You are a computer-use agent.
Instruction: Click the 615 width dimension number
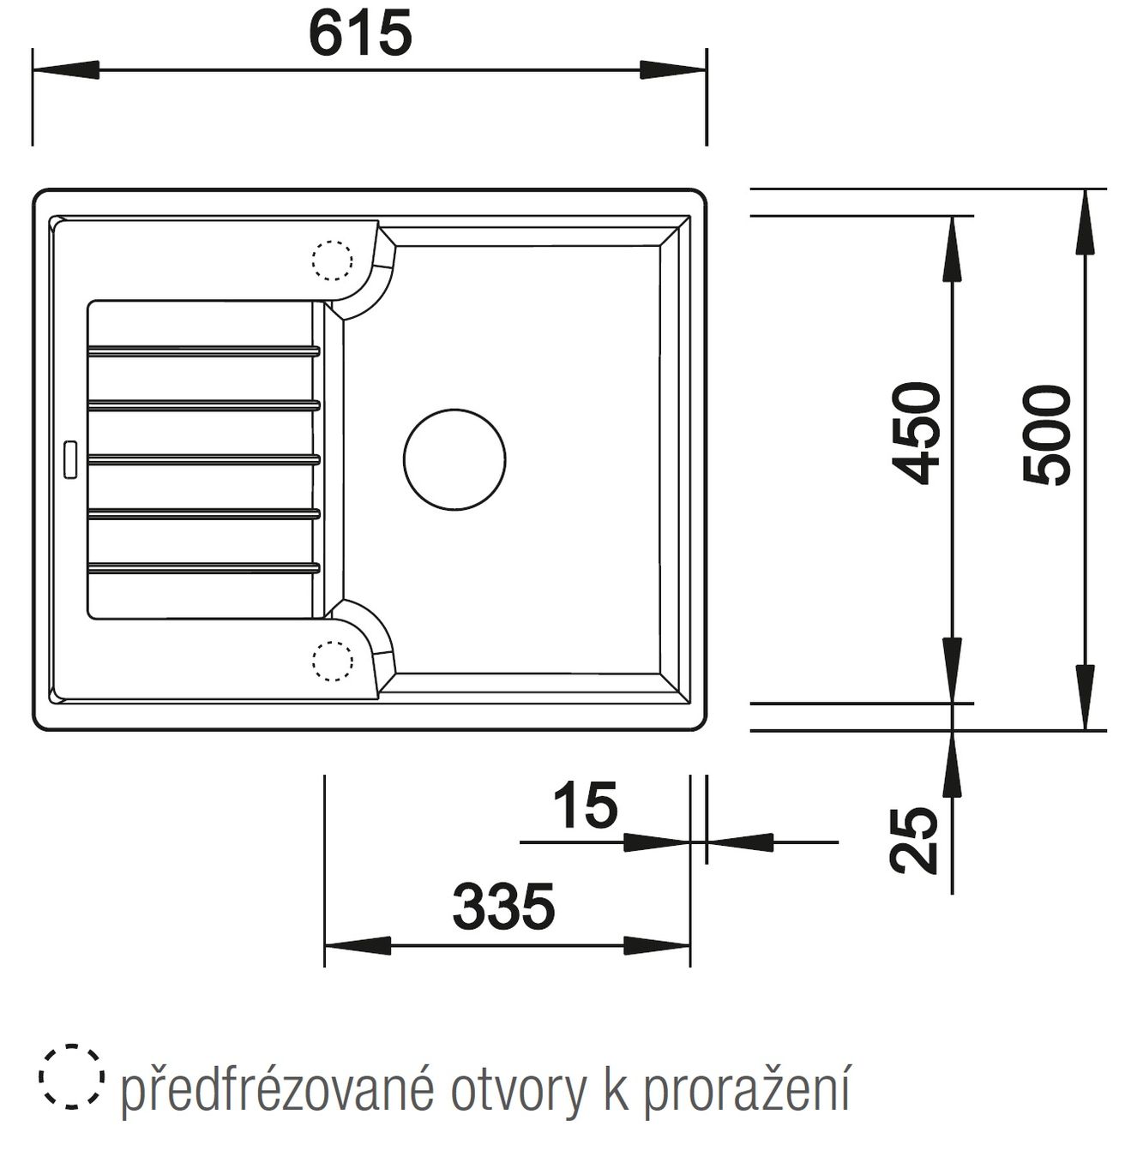point(360,34)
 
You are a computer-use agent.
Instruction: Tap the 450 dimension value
point(916,434)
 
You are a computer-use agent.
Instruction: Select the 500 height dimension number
point(1046,434)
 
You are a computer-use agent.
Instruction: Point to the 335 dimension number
point(503,906)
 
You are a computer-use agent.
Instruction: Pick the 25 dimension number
point(913,841)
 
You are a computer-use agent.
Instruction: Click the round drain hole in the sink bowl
point(454,460)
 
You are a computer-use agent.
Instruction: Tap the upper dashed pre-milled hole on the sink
point(332,261)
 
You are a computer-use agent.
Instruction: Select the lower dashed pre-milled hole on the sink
point(332,661)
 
